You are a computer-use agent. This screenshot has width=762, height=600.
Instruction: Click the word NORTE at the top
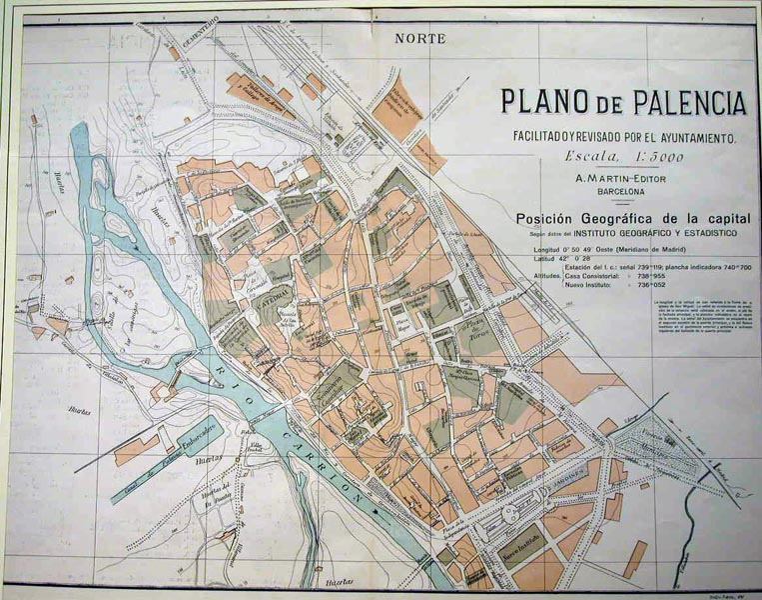coord(418,40)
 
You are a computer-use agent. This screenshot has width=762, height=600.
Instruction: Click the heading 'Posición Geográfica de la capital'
coord(626,217)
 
